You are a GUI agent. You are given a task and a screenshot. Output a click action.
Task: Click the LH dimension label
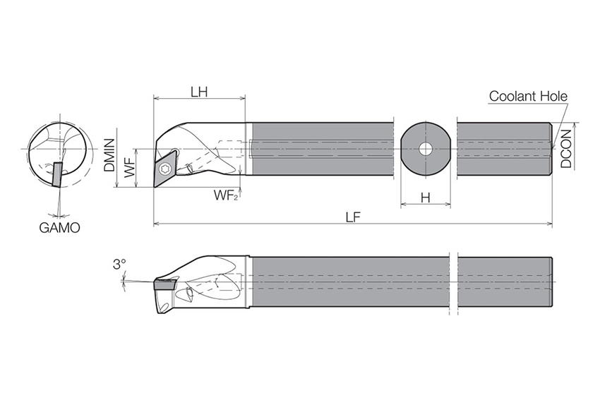(199, 92)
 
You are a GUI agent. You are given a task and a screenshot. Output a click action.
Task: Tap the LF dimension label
(353, 217)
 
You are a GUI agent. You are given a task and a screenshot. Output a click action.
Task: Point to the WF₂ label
(226, 195)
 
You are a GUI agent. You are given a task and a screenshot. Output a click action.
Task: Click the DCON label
(566, 149)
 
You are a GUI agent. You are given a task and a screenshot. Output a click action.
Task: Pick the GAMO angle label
(60, 228)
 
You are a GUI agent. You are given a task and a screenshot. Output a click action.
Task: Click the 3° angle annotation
(119, 265)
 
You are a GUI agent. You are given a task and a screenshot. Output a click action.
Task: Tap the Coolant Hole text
(528, 96)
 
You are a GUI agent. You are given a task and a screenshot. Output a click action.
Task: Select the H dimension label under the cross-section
(425, 198)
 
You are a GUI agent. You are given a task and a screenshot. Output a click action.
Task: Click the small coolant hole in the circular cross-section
(425, 149)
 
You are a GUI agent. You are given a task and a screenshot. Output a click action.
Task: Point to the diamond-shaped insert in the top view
(165, 168)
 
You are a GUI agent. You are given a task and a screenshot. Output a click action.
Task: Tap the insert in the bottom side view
(164, 284)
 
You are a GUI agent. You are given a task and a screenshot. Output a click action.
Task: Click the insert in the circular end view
(57, 174)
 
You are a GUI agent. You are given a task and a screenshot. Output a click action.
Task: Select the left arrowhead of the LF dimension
(156, 224)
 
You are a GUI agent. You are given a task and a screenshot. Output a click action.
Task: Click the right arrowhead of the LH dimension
(242, 99)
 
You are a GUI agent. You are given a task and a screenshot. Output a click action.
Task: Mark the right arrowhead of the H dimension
(448, 205)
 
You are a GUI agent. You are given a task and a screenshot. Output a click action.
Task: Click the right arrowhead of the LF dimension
(549, 224)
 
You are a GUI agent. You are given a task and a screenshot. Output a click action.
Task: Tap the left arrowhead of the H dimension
(403, 205)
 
